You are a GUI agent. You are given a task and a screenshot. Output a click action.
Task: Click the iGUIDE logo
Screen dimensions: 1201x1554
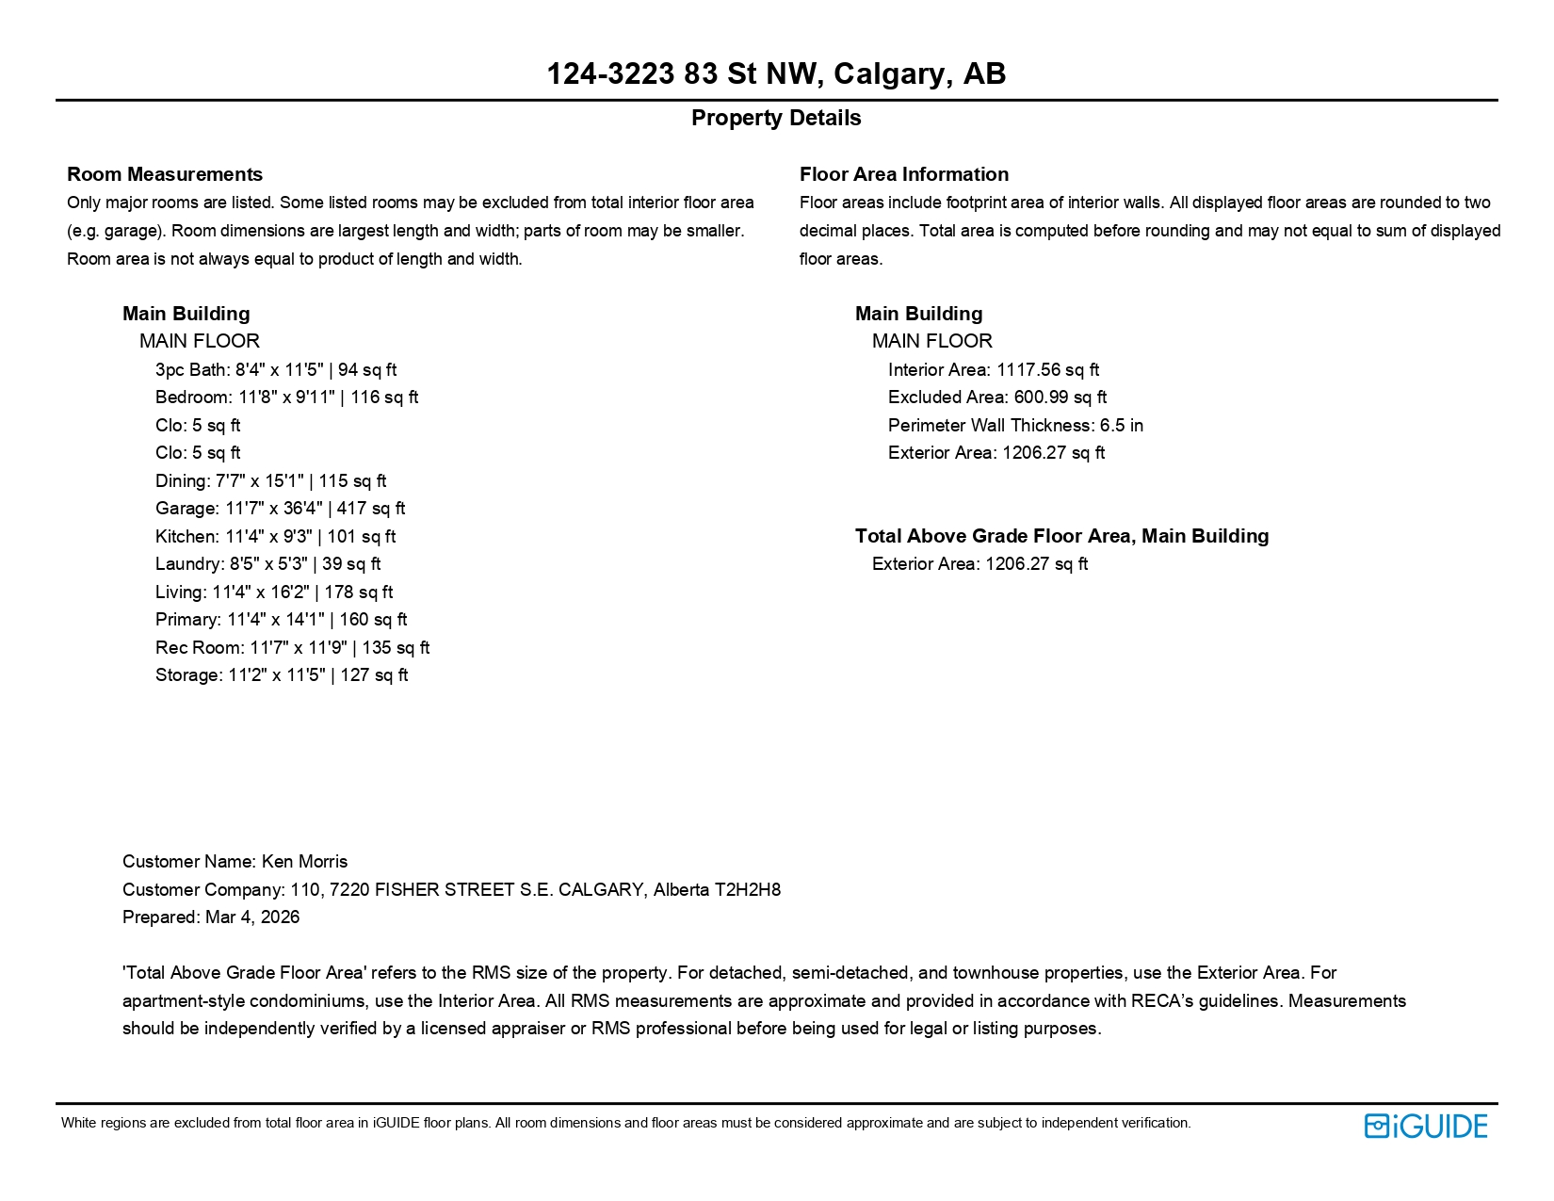[x=1425, y=1126]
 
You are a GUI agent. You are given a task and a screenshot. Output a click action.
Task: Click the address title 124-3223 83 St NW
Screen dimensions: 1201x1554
[x=776, y=73]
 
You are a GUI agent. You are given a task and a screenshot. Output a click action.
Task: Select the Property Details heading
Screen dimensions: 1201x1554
[x=776, y=118]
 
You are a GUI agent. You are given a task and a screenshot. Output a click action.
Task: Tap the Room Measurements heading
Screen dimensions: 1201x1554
[x=165, y=174]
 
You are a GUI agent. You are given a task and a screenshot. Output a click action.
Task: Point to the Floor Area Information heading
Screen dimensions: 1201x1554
[x=903, y=174]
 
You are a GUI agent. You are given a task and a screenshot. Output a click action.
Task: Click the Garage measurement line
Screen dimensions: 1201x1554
[x=280, y=509]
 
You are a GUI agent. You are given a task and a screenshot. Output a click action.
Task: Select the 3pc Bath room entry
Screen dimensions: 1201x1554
[x=276, y=370]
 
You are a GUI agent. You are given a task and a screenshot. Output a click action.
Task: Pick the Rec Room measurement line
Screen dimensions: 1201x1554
[x=292, y=648]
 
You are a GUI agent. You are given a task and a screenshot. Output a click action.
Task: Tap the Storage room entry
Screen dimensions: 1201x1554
[x=282, y=675]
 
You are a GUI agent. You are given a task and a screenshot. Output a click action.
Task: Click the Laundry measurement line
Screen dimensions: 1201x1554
[x=267, y=564]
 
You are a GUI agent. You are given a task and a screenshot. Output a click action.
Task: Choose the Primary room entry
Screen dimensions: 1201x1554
[x=281, y=620]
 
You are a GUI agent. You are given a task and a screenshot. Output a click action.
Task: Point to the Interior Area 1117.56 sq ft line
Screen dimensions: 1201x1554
[x=993, y=370]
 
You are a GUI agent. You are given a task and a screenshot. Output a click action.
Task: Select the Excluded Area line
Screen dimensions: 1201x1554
[x=996, y=398]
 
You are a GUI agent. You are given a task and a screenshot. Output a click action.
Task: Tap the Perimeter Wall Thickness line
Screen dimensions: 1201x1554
[x=1015, y=426]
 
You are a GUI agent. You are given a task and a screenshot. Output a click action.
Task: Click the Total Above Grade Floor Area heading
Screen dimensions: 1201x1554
[x=1061, y=536]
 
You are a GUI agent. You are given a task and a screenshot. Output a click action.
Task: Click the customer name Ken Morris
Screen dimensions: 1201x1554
[x=304, y=862]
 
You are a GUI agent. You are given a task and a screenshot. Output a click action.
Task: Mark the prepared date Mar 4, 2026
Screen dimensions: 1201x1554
[x=252, y=917]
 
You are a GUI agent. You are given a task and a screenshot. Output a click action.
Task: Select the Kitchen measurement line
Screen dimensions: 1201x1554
[x=275, y=537]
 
